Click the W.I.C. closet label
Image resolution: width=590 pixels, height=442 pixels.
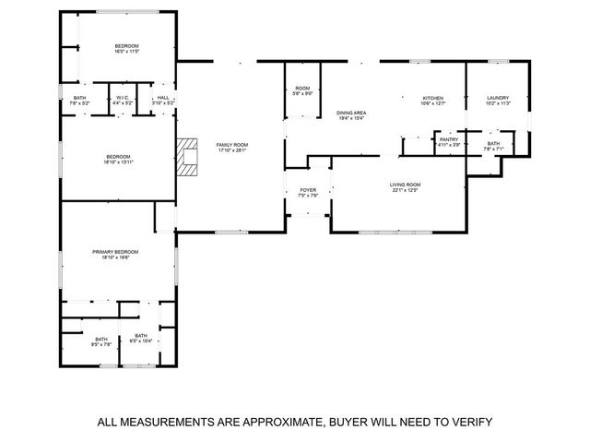pyautogui.click(x=123, y=100)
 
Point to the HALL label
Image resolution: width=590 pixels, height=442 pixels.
pyautogui.click(x=162, y=100)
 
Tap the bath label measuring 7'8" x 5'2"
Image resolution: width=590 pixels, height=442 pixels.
pyautogui.click(x=79, y=100)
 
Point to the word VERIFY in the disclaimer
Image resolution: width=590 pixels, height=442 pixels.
pyautogui.click(x=469, y=422)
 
